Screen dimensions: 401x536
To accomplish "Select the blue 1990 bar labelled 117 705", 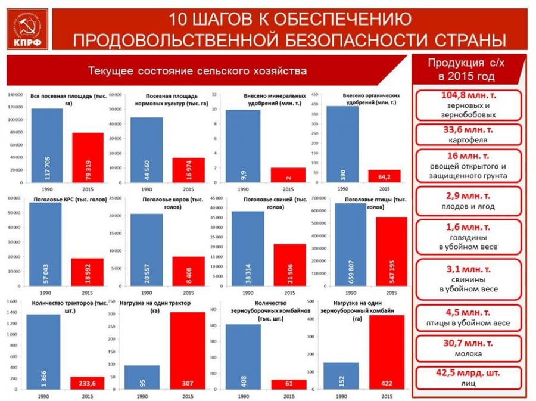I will [x=47, y=145].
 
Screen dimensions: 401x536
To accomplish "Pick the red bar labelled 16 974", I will [x=188, y=170].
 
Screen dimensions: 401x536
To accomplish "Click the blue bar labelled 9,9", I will [x=242, y=146].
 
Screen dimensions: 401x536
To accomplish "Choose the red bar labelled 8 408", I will [x=188, y=271].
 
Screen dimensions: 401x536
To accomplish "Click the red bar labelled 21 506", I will [x=289, y=265].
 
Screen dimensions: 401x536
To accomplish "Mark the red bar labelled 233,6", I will [x=88, y=381].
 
